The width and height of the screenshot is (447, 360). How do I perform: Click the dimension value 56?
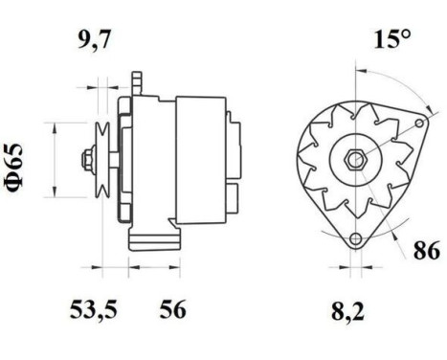coord(172,311)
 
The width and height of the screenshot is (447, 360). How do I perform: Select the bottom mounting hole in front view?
coord(356,239)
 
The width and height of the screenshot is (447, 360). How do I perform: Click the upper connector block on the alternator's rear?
coord(232,124)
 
